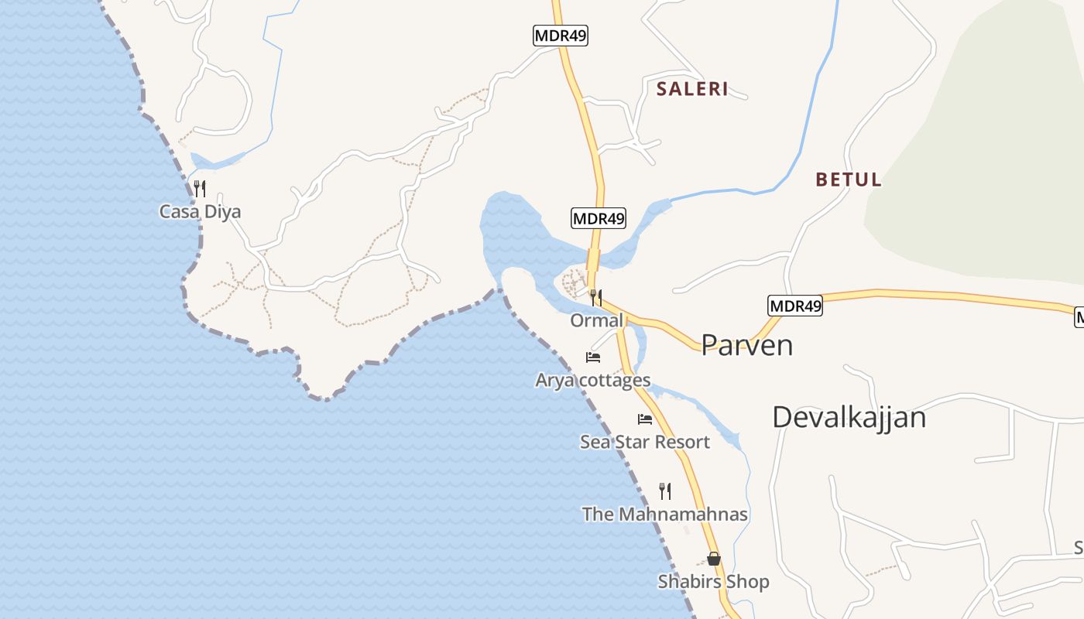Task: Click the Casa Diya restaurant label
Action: click(x=200, y=211)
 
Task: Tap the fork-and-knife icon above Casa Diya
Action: click(x=200, y=188)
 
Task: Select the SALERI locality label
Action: click(x=692, y=89)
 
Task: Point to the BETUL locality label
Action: click(x=848, y=180)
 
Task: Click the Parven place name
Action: click(x=747, y=345)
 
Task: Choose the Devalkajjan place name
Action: click(x=849, y=417)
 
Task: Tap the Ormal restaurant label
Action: click(x=596, y=320)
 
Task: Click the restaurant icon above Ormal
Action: click(x=595, y=297)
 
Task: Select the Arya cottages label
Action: click(x=593, y=380)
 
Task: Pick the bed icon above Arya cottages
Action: click(x=593, y=357)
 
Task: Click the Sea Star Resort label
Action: click(x=645, y=442)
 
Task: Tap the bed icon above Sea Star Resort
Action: click(x=645, y=419)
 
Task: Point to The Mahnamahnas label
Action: click(x=665, y=514)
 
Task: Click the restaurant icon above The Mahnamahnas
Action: click(x=664, y=491)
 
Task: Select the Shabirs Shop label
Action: click(x=714, y=581)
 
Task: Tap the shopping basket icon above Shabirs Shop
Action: click(x=714, y=558)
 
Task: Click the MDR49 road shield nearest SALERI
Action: click(x=561, y=36)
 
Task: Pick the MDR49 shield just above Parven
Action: click(x=795, y=306)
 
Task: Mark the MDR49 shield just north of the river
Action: click(x=599, y=218)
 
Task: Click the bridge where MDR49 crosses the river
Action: click(x=595, y=259)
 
